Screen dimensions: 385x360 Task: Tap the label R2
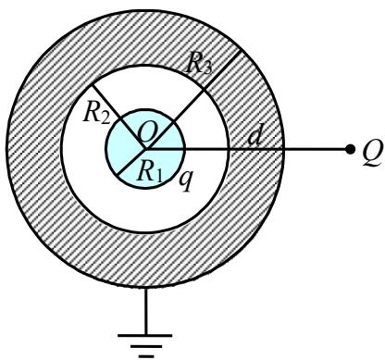pos(96,115)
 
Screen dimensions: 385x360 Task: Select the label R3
pos(199,66)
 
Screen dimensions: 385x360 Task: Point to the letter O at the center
pos(147,134)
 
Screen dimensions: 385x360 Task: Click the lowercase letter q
pos(185,180)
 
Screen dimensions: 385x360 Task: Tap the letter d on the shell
pos(255,136)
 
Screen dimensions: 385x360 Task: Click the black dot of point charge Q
pos(350,150)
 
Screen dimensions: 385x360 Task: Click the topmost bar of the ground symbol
pos(145,335)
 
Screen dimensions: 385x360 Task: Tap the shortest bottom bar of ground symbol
pos(145,356)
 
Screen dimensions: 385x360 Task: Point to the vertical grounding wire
pos(145,311)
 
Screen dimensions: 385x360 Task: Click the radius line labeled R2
pos(118,118)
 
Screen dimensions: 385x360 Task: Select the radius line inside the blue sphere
pos(131,164)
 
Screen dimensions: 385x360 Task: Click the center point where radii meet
pos(145,149)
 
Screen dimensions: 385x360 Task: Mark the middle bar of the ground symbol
pos(145,347)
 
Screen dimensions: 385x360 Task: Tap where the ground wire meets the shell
pos(145,288)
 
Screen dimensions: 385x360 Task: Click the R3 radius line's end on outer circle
pos(241,51)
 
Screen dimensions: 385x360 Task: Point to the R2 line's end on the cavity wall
pos(92,85)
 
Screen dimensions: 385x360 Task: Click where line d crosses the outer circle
pos(284,150)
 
